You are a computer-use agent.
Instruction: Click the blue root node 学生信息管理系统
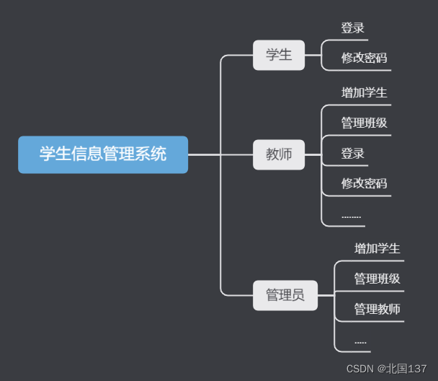pyautogui.click(x=103, y=154)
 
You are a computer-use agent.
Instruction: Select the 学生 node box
pyautogui.click(x=279, y=55)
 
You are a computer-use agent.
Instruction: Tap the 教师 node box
pyautogui.click(x=279, y=154)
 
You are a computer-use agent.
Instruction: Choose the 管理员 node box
pyautogui.click(x=285, y=295)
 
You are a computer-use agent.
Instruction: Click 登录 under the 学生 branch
pyautogui.click(x=353, y=29)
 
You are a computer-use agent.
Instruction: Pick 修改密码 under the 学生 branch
pyautogui.click(x=364, y=58)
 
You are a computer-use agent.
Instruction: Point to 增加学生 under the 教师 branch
pyautogui.click(x=364, y=93)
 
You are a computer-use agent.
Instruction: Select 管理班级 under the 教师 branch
pyautogui.click(x=364, y=123)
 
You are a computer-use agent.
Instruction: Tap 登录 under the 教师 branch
pyautogui.click(x=353, y=154)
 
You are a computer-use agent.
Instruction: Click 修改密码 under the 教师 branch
pyautogui.click(x=364, y=184)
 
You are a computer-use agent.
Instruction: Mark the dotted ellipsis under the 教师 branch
pyautogui.click(x=352, y=216)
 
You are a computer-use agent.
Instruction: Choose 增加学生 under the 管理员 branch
pyautogui.click(x=377, y=249)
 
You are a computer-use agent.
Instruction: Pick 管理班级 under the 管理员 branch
pyautogui.click(x=377, y=279)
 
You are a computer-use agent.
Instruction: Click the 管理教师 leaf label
pyautogui.click(x=377, y=310)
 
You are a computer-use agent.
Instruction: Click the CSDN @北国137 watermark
pyautogui.click(x=386, y=369)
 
